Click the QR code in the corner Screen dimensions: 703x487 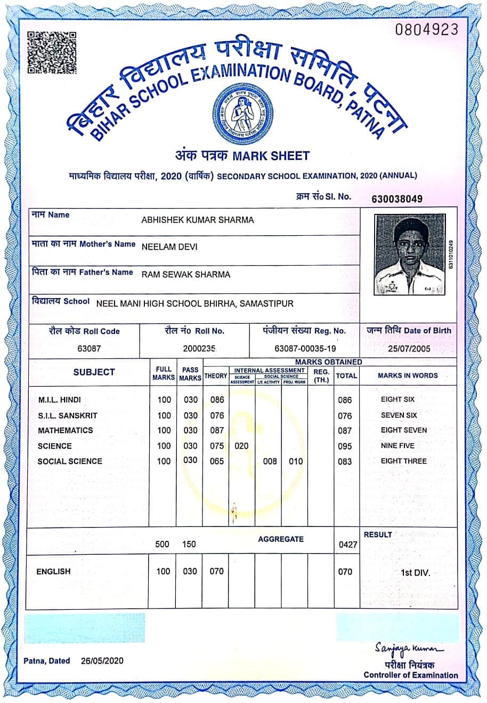tap(52, 53)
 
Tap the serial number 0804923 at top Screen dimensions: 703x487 tap(426, 29)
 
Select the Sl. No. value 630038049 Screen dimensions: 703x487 tap(397, 199)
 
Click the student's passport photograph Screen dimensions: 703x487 tap(409, 254)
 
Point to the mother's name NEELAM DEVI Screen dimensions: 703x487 tap(169, 247)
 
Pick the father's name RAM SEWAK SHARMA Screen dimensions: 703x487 tap(186, 275)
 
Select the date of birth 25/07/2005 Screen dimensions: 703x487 tap(408, 348)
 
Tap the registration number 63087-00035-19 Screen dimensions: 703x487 tap(305, 348)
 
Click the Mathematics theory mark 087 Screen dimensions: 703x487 tap(217, 430)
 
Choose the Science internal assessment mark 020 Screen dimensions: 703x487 tap(241, 446)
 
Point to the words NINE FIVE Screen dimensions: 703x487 tap(397, 445)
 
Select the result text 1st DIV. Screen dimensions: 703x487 tap(416, 573)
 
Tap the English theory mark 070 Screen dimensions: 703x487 tap(216, 571)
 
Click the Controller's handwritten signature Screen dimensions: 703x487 tap(409, 648)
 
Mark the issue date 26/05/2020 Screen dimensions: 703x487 tap(102, 661)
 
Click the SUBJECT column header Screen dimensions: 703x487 tap(94, 372)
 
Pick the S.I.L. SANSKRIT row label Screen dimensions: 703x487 tap(68, 416)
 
